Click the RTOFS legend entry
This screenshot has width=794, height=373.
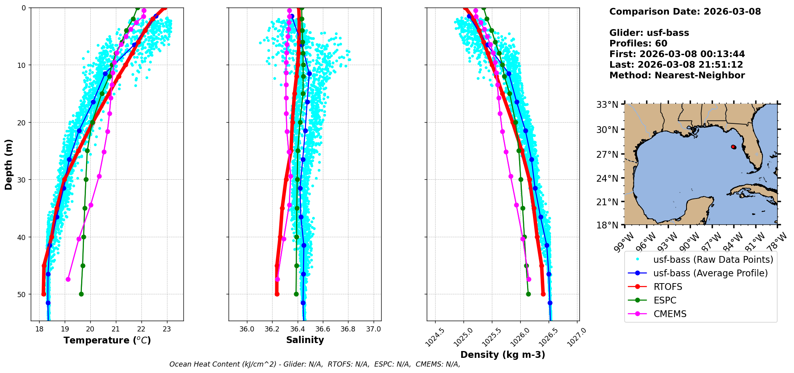668,287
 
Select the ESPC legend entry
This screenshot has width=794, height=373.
665,300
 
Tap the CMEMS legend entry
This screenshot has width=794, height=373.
670,314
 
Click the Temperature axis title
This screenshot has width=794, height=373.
107,340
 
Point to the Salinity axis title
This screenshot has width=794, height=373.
305,340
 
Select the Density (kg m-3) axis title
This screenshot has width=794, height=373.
503,355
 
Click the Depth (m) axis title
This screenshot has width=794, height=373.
9,164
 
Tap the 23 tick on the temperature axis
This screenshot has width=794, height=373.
167,329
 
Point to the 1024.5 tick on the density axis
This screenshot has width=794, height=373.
434,337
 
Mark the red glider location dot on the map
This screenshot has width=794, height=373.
733,147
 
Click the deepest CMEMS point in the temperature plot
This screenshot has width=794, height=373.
68,279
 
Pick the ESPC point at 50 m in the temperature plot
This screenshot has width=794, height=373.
81,294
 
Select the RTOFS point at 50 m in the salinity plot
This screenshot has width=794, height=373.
277,294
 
